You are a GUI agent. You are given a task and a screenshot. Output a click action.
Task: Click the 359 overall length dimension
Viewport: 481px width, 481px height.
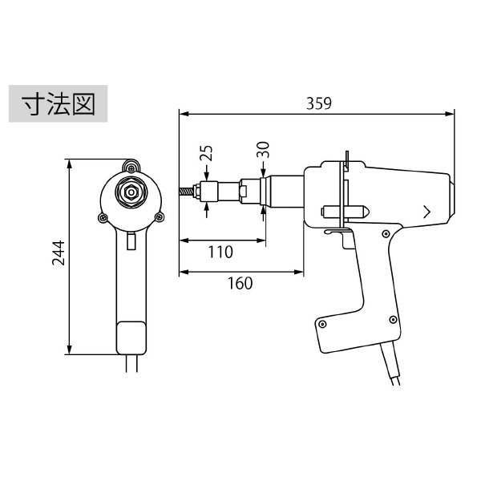pyautogui.click(x=319, y=103)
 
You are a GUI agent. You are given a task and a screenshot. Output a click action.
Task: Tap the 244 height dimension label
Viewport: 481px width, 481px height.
pyautogui.click(x=59, y=253)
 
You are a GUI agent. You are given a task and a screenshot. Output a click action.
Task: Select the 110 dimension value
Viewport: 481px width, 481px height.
pyautogui.click(x=220, y=253)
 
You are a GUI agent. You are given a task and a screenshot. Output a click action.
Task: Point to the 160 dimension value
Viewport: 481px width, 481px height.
pyautogui.click(x=240, y=284)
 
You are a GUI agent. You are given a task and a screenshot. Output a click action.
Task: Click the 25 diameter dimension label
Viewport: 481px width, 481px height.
pyautogui.click(x=206, y=153)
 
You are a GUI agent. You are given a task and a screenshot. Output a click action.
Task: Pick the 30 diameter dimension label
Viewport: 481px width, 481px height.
pyautogui.click(x=263, y=150)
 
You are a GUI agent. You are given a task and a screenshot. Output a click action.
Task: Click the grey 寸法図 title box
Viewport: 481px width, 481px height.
pyautogui.click(x=58, y=103)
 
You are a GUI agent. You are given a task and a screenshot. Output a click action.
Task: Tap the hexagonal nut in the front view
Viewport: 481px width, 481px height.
pyautogui.click(x=131, y=192)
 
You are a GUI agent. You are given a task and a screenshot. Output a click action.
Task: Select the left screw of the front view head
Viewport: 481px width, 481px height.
pyautogui.click(x=103, y=218)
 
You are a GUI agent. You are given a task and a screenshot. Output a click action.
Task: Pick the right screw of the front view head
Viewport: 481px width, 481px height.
pyautogui.click(x=160, y=217)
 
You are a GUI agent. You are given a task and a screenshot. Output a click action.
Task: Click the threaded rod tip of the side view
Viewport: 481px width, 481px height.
pyautogui.click(x=186, y=192)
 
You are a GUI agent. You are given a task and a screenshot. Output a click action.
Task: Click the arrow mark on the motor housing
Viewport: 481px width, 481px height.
pyautogui.click(x=426, y=212)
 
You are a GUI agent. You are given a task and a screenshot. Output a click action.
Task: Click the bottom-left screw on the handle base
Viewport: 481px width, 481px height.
pyautogui.click(x=322, y=324)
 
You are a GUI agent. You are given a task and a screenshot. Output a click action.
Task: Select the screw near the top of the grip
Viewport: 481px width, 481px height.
pyautogui.click(x=386, y=234)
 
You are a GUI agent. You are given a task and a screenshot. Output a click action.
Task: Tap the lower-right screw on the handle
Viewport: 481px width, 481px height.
pyautogui.click(x=393, y=320)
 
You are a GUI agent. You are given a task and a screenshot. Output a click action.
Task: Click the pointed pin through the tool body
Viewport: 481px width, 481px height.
pyautogui.click(x=345, y=212)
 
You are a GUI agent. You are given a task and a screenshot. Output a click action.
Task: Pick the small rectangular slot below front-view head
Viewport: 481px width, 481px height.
pyautogui.click(x=131, y=241)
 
